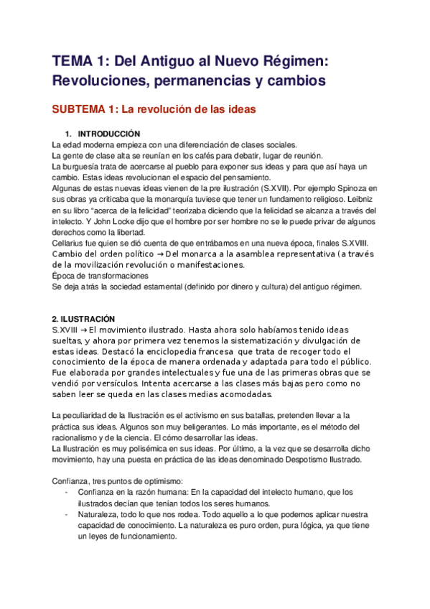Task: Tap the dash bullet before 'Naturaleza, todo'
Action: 67,513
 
